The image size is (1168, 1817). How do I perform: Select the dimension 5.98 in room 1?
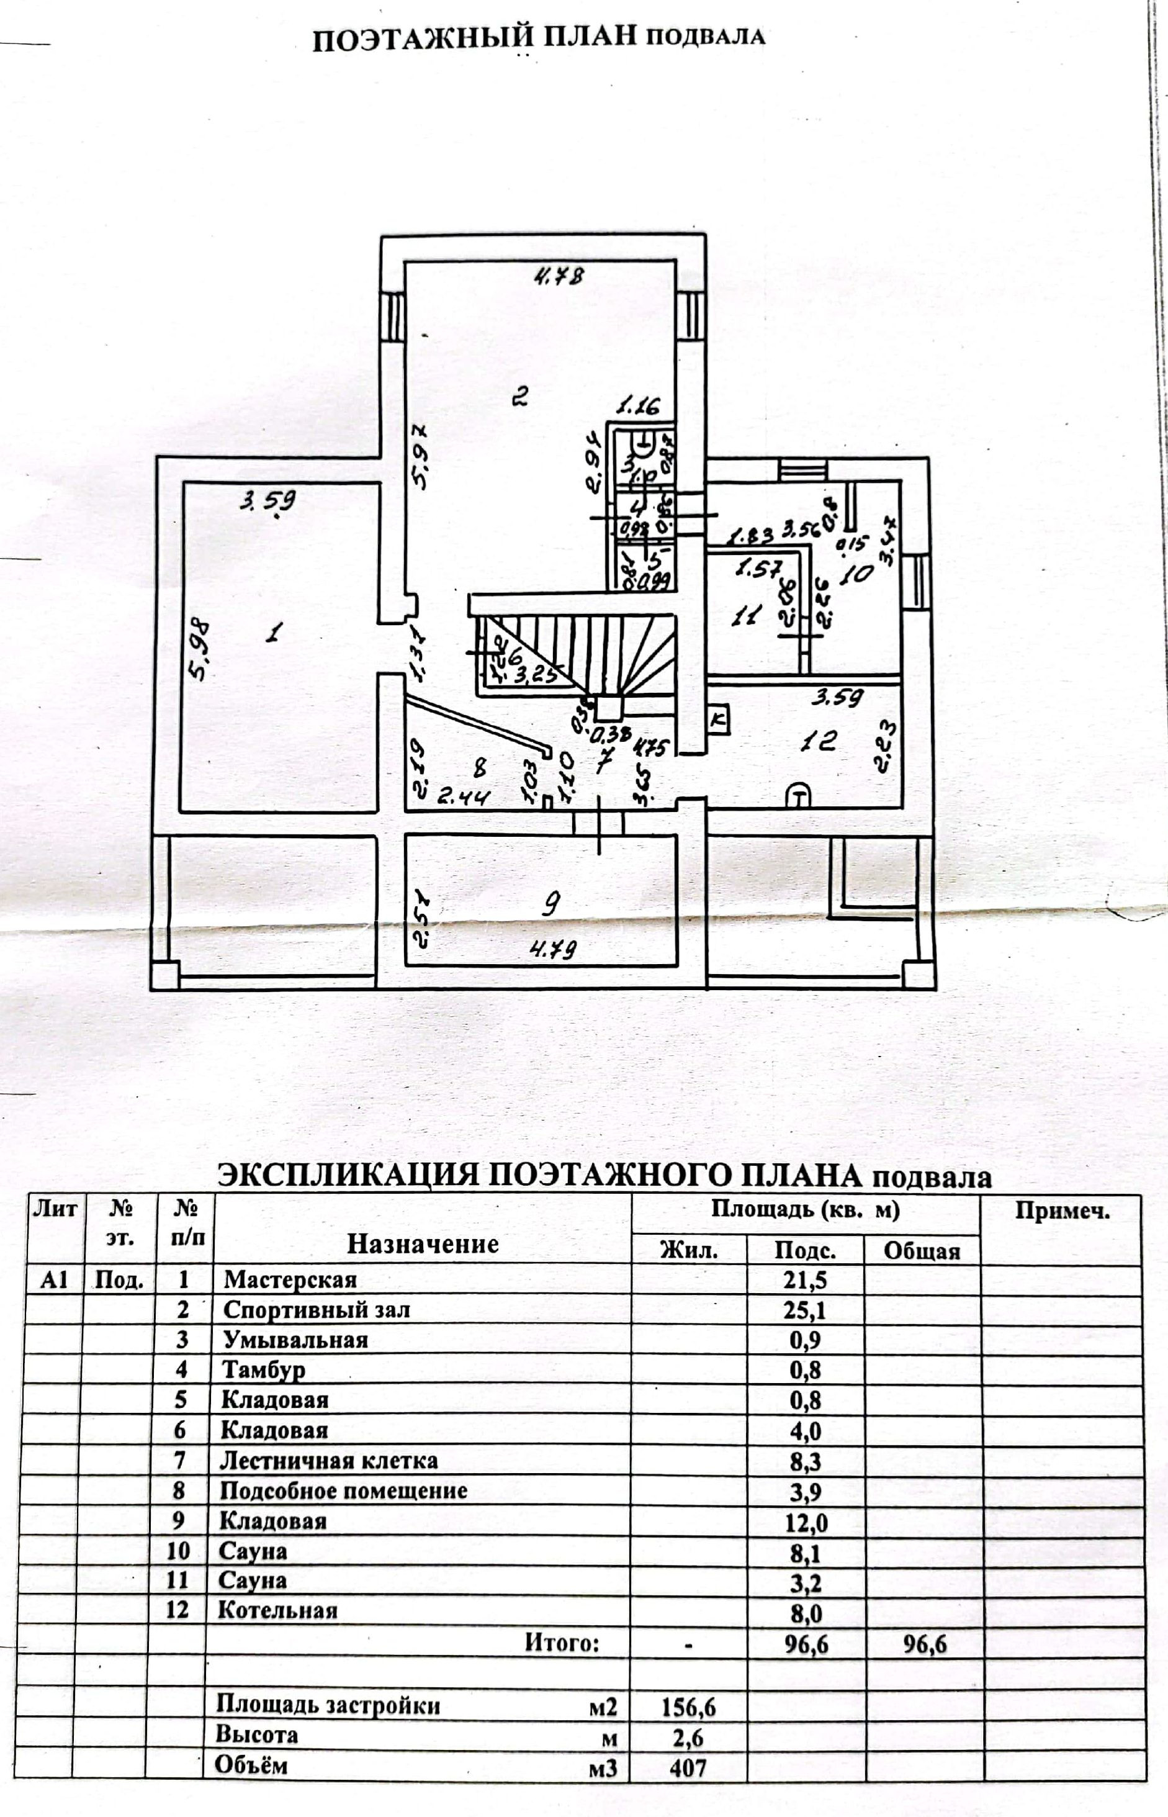pyautogui.click(x=199, y=651)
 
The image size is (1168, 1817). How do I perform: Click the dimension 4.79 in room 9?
pyautogui.click(x=553, y=949)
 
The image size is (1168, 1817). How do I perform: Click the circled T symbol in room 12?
pyautogui.click(x=797, y=796)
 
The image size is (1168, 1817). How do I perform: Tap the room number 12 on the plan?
pyautogui.click(x=819, y=741)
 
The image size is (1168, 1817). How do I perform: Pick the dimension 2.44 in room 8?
pyautogui.click(x=464, y=796)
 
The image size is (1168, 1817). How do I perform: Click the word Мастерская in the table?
pyautogui.click(x=290, y=1280)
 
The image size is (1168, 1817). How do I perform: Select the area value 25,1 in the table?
pyautogui.click(x=805, y=1310)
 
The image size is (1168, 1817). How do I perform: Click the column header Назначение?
pyautogui.click(x=423, y=1243)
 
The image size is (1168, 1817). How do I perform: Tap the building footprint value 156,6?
pyautogui.click(x=688, y=1707)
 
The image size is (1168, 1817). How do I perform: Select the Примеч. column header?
pyautogui.click(x=1062, y=1211)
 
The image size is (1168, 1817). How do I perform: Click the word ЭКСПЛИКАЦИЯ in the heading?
pyautogui.click(x=348, y=1175)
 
